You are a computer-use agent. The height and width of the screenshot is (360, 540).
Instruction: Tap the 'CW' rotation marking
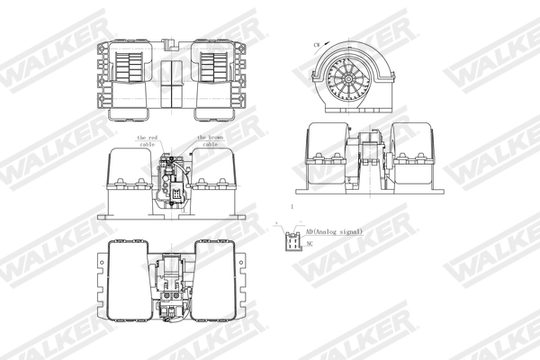point(317,44)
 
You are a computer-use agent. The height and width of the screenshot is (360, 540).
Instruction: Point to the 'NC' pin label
point(310,244)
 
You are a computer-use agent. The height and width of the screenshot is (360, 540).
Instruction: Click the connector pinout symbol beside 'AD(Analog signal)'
point(292,241)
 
